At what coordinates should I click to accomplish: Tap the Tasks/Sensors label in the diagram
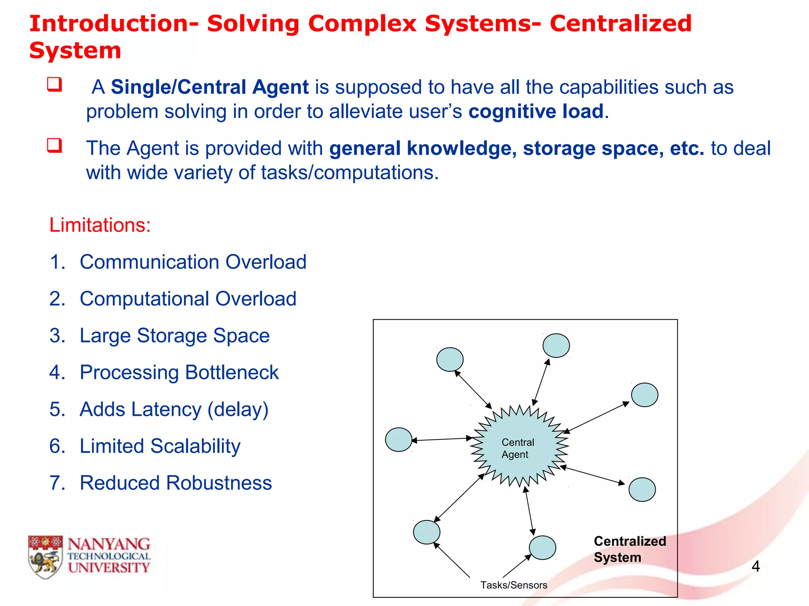click(x=514, y=585)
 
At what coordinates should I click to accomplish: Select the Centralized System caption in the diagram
click(x=629, y=549)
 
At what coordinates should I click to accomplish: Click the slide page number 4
click(x=755, y=567)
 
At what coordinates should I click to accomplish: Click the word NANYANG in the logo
click(x=109, y=544)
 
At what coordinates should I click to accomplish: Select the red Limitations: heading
click(x=100, y=225)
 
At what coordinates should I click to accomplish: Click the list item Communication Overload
click(x=193, y=262)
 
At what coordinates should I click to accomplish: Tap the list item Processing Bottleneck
click(x=179, y=372)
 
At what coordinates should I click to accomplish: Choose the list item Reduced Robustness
click(x=175, y=483)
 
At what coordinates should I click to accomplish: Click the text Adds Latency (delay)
click(x=174, y=410)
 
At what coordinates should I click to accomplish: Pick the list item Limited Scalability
click(x=160, y=446)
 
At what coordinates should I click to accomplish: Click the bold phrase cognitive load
click(x=536, y=112)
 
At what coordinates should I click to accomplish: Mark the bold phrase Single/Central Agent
click(x=209, y=87)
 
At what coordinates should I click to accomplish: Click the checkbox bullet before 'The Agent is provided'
click(x=55, y=145)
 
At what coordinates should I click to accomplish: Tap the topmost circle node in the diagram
click(x=556, y=346)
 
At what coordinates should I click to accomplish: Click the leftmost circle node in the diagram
click(x=399, y=440)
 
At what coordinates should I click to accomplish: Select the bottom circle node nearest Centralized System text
click(x=542, y=548)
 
